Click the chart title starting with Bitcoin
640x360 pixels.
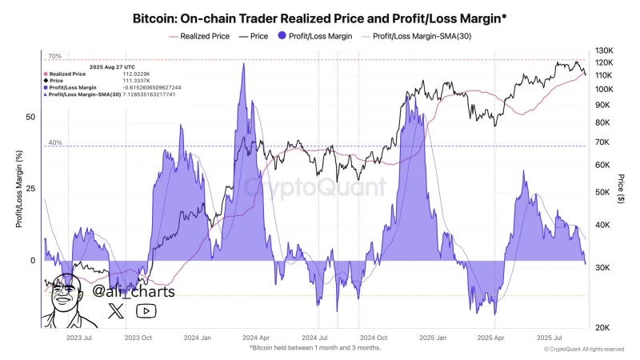pyautogui.click(x=319, y=17)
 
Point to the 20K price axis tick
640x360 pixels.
pyautogui.click(x=605, y=328)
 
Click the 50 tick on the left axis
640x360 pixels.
pyautogui.click(x=31, y=117)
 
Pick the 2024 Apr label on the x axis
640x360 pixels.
pyautogui.click(x=262, y=338)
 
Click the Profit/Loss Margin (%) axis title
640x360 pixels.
pyautogui.click(x=18, y=190)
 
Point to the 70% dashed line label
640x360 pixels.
pyautogui.click(x=54, y=57)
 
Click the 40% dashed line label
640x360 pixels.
pyautogui.click(x=54, y=143)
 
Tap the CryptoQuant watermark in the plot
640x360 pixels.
pyautogui.click(x=315, y=187)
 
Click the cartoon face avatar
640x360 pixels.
pyautogui.click(x=68, y=302)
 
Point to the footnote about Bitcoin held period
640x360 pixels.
pyautogui.click(x=314, y=348)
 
